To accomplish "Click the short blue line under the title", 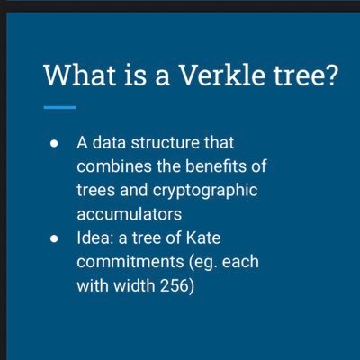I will [x=58, y=107].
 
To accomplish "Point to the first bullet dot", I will [x=56, y=145].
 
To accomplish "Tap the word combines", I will [x=112, y=167].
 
